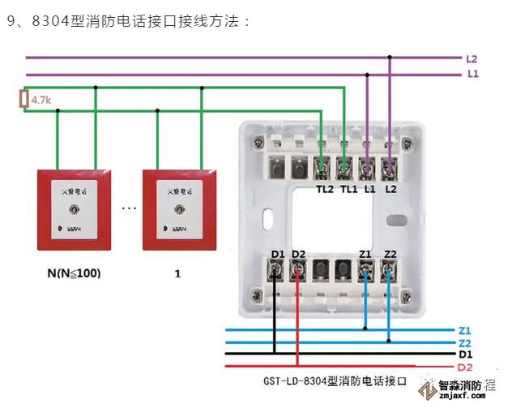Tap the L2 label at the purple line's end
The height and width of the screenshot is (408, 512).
[471, 58]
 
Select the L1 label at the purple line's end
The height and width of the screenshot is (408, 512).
[471, 74]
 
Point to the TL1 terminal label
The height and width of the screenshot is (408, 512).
[348, 189]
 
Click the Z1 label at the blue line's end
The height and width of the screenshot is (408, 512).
[464, 330]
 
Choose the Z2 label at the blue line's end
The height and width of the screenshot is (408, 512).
[464, 343]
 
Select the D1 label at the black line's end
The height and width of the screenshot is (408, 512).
[465, 355]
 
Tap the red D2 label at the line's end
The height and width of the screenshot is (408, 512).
[465, 368]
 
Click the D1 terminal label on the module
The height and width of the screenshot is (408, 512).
[278, 255]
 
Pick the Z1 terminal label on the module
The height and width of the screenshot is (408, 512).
[366, 255]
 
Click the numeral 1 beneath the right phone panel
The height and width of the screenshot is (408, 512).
[177, 274]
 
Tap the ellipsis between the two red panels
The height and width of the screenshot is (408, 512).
[129, 208]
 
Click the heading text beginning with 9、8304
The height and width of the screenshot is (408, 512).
[129, 19]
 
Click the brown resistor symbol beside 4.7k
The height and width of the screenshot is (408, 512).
[23, 100]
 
